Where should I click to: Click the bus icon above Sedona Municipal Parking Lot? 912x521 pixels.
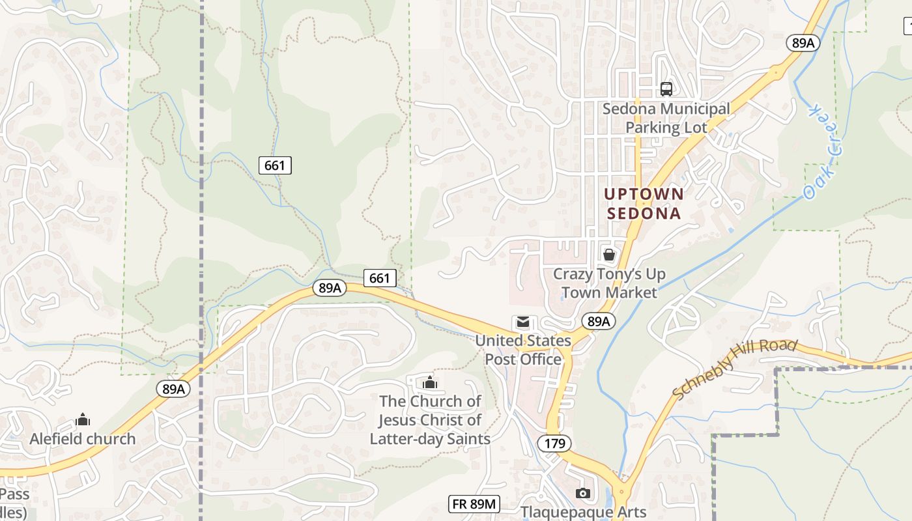click(x=666, y=89)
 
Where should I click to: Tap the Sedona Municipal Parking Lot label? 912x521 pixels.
click(x=666, y=118)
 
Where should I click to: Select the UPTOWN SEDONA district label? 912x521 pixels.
click(x=644, y=203)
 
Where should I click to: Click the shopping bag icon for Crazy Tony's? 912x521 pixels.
click(x=608, y=255)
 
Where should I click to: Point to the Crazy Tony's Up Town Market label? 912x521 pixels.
click(x=609, y=283)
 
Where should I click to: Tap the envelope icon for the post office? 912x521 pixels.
click(x=522, y=322)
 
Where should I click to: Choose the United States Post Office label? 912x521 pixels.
click(x=522, y=350)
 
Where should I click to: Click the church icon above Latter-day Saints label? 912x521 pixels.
click(x=430, y=382)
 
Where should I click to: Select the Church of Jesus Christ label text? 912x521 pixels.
click(x=430, y=419)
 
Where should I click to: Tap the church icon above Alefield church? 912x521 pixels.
click(x=83, y=420)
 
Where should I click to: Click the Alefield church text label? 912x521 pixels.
click(x=83, y=439)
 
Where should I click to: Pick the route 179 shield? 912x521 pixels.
click(x=554, y=444)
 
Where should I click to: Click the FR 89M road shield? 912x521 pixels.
click(x=474, y=503)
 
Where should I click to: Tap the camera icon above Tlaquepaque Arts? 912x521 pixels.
click(x=583, y=493)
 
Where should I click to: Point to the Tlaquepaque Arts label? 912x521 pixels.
click(x=583, y=513)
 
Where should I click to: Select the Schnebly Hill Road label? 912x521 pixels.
click(x=734, y=369)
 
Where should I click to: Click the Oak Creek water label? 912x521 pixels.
click(x=823, y=150)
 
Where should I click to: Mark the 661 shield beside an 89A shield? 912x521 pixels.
click(x=379, y=278)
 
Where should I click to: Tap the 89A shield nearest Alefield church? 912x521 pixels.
click(x=173, y=389)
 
